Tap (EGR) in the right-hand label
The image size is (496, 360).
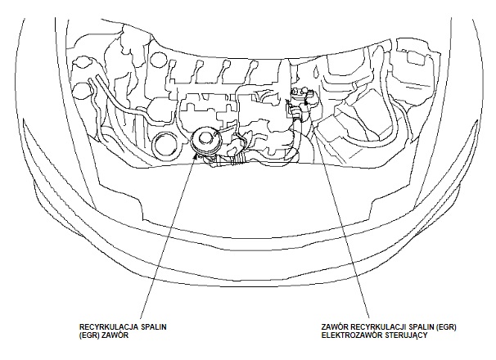(x=446, y=327)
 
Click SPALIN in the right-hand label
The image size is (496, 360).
(x=422, y=327)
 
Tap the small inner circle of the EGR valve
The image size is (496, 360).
(x=205, y=137)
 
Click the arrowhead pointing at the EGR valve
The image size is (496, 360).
(x=196, y=155)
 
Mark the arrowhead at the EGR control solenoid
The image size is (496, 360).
(x=306, y=101)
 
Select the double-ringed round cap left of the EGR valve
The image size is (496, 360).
(x=166, y=145)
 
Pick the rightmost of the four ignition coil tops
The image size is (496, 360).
(x=253, y=65)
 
